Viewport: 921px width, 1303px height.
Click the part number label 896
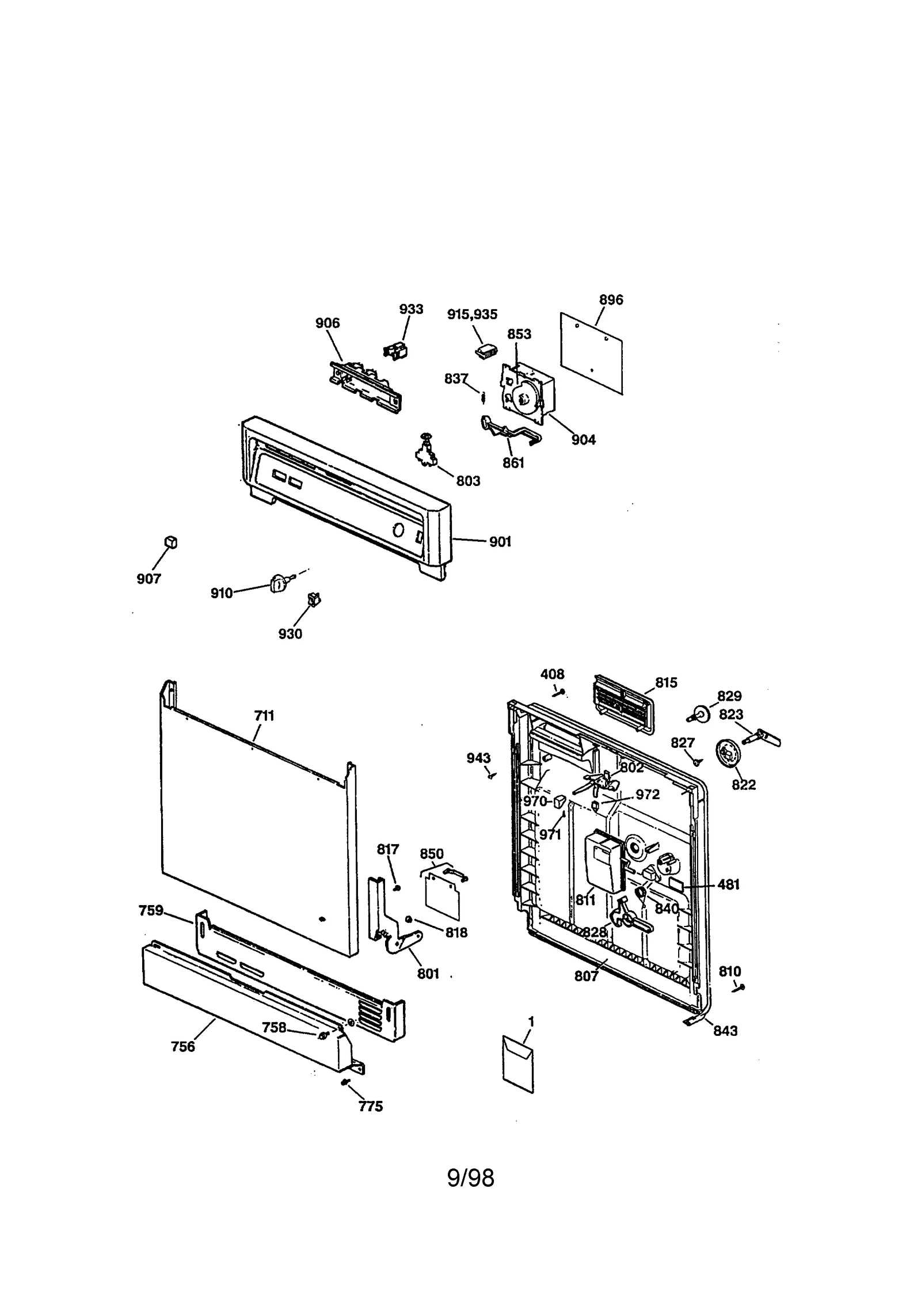coord(611,299)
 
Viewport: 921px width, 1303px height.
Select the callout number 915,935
coord(472,314)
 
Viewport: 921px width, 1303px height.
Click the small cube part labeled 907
coord(171,542)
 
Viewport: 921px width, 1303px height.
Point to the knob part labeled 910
coord(277,585)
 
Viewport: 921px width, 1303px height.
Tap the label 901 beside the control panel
coord(500,542)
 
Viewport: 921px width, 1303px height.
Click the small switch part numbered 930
coord(314,599)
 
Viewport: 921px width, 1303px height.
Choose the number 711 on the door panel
coord(264,716)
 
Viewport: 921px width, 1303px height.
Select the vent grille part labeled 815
coord(624,704)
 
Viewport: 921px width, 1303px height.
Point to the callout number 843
coord(725,1031)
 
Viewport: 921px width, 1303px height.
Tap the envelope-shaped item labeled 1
coord(518,1063)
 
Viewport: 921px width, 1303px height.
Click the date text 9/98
coord(470,1177)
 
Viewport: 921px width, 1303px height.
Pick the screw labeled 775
coord(344,1083)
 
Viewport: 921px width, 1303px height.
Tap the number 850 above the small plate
coord(431,853)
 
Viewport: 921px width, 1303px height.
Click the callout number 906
coord(328,323)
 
